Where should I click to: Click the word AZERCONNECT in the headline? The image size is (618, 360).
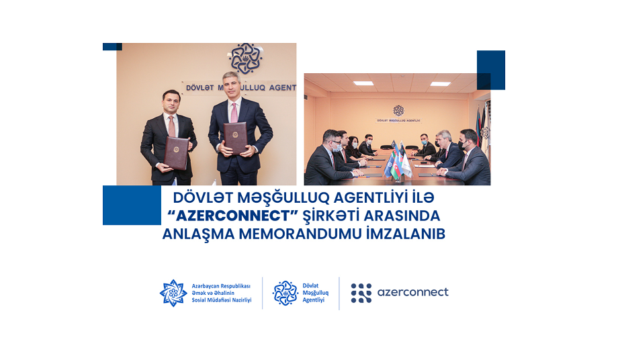(x=233, y=216)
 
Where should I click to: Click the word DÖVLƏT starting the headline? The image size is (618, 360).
(x=201, y=197)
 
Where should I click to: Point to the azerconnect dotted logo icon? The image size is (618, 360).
(x=361, y=293)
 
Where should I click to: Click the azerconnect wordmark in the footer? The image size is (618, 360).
(x=412, y=292)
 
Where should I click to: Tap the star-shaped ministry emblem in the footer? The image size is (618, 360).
(x=173, y=293)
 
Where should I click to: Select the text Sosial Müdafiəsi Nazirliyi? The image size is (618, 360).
(x=222, y=300)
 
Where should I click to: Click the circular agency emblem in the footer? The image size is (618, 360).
(x=285, y=293)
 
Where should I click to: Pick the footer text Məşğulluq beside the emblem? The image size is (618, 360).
(x=315, y=293)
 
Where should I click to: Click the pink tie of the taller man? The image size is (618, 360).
(x=234, y=113)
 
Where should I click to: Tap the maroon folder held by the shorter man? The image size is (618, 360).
(x=176, y=153)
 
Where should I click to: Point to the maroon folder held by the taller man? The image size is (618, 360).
(x=235, y=138)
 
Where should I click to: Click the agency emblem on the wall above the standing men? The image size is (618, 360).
(x=246, y=58)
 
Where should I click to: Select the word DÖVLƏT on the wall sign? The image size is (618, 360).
(x=200, y=87)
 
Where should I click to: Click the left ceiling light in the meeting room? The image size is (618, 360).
(x=363, y=83)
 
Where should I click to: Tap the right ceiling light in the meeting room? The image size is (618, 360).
(x=440, y=84)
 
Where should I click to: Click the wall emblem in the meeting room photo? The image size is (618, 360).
(x=398, y=111)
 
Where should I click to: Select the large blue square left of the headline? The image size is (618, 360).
(x=132, y=206)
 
